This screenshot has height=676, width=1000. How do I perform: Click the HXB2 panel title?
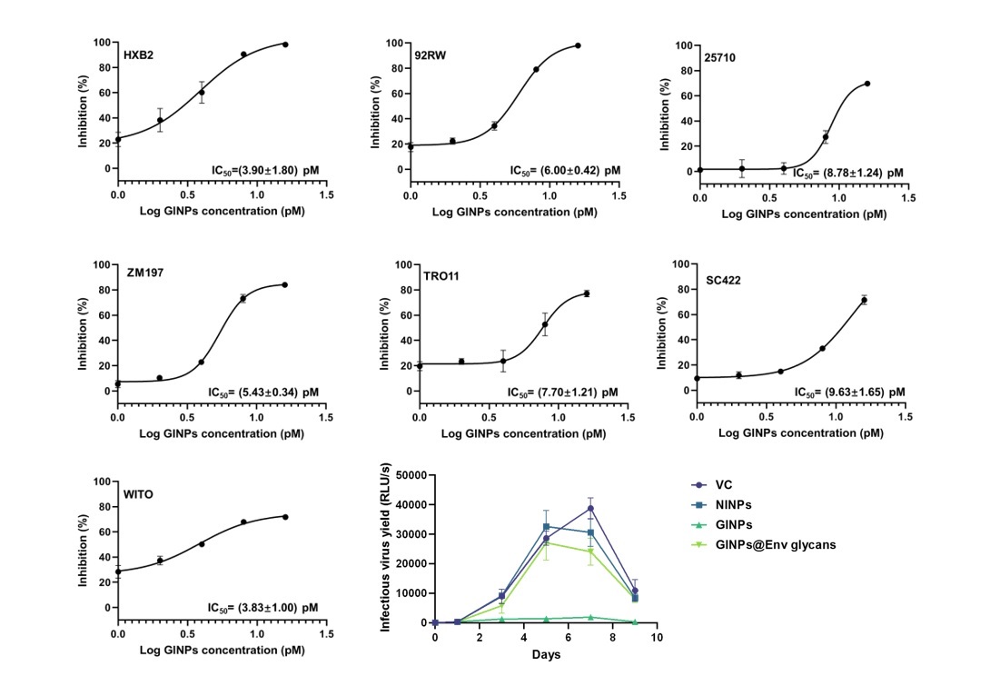(138, 55)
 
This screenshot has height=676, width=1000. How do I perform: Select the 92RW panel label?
(430, 55)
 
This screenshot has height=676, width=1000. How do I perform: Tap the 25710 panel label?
(719, 57)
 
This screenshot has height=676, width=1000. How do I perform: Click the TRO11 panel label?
(441, 275)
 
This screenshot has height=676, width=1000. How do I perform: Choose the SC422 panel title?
(723, 280)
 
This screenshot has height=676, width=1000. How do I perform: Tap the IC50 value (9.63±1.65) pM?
(849, 393)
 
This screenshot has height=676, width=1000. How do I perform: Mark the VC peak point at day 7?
(590, 508)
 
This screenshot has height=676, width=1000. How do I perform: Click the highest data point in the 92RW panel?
(578, 45)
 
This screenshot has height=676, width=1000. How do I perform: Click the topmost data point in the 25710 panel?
(867, 84)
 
